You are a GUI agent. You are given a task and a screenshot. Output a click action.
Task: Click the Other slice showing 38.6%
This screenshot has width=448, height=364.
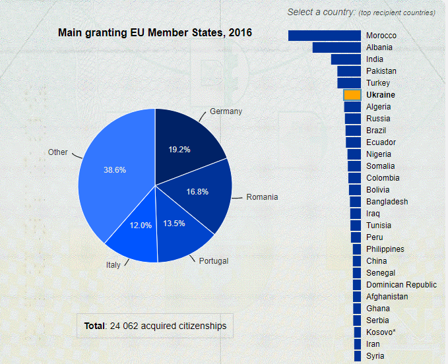(112, 171)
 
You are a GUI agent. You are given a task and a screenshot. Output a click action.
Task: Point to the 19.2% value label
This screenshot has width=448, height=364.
(179, 150)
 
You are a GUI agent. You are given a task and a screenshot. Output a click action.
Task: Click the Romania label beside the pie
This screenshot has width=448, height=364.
(262, 197)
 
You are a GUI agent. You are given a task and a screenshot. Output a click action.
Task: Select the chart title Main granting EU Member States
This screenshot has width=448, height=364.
(155, 32)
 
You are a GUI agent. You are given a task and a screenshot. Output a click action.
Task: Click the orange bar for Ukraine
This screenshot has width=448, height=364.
(352, 95)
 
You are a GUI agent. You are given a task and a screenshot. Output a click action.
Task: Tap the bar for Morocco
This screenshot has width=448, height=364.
(325, 36)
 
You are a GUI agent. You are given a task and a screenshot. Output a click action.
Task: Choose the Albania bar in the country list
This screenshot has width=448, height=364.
(336, 47)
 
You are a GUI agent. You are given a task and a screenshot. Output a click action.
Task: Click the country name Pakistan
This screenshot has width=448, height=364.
(381, 71)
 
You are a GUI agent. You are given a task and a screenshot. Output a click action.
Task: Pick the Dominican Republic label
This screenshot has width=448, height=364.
(401, 285)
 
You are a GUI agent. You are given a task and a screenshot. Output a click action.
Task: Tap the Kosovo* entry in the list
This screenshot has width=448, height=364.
(381, 332)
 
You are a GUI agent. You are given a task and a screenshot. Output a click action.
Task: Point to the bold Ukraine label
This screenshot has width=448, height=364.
(381, 95)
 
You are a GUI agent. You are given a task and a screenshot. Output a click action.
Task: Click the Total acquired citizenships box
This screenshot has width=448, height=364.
(155, 326)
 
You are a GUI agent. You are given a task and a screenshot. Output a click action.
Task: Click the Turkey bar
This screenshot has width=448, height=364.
(349, 83)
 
